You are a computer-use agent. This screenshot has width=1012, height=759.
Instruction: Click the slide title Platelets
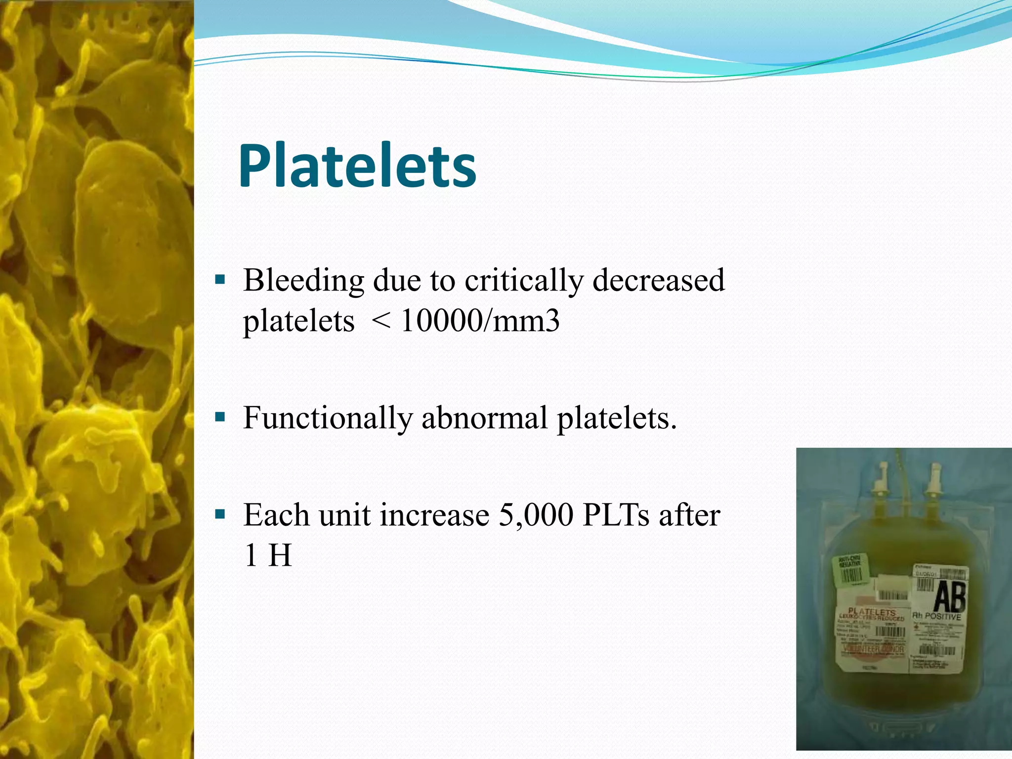pos(357,166)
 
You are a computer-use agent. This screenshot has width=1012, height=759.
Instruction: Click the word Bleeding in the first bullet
pos(303,281)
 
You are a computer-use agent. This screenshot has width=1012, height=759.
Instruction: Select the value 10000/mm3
pos(480,321)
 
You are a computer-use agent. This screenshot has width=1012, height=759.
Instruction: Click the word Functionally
pos(327,418)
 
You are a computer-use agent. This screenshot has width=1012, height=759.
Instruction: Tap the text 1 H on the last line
pos(267,555)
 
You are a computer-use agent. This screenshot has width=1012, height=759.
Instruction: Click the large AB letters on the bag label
pos(949,596)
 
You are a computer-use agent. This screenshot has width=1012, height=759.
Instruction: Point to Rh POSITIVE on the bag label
pos(936,617)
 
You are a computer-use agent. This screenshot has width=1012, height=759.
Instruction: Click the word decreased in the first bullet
pos(658,281)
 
